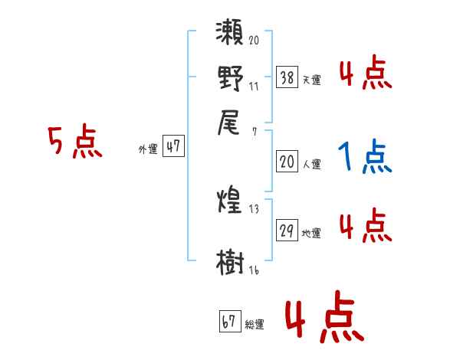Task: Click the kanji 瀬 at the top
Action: (231, 35)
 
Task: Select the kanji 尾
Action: (231, 123)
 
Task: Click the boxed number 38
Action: (287, 77)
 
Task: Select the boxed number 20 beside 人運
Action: (287, 162)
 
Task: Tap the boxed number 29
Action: (287, 231)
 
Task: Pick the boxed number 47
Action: (174, 147)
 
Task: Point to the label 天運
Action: (311, 79)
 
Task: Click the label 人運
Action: (311, 163)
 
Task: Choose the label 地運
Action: (311, 233)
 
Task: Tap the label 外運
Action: (147, 149)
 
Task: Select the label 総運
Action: (255, 324)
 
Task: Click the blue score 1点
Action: (364, 157)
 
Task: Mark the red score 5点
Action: (75, 143)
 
